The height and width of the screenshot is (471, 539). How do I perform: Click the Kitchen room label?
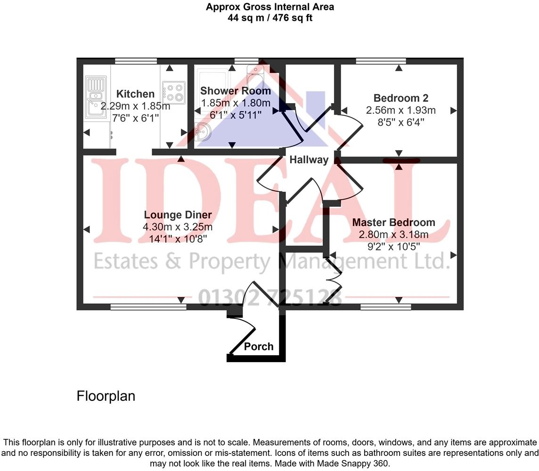(135, 94)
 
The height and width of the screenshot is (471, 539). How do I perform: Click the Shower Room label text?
(236, 90)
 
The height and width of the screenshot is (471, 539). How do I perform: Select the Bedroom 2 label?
(400, 98)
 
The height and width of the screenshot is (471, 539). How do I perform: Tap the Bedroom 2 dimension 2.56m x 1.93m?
(400, 111)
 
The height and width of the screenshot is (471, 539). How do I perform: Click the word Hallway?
(309, 160)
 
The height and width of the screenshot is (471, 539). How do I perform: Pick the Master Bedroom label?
(393, 222)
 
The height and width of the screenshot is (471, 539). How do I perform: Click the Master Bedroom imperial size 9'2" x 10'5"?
(393, 246)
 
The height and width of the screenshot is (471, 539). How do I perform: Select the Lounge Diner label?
(178, 215)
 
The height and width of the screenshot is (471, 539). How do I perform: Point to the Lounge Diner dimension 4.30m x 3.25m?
(178, 227)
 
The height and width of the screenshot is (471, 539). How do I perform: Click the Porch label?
(259, 347)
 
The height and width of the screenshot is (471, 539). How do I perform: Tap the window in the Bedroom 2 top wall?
(381, 60)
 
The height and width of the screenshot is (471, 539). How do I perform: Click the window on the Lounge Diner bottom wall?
(148, 307)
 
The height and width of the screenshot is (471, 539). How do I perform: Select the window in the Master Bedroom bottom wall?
(385, 307)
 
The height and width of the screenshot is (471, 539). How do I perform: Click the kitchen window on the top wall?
(136, 60)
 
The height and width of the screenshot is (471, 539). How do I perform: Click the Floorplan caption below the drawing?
(106, 396)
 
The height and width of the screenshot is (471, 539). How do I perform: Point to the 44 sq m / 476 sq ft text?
(270, 18)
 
